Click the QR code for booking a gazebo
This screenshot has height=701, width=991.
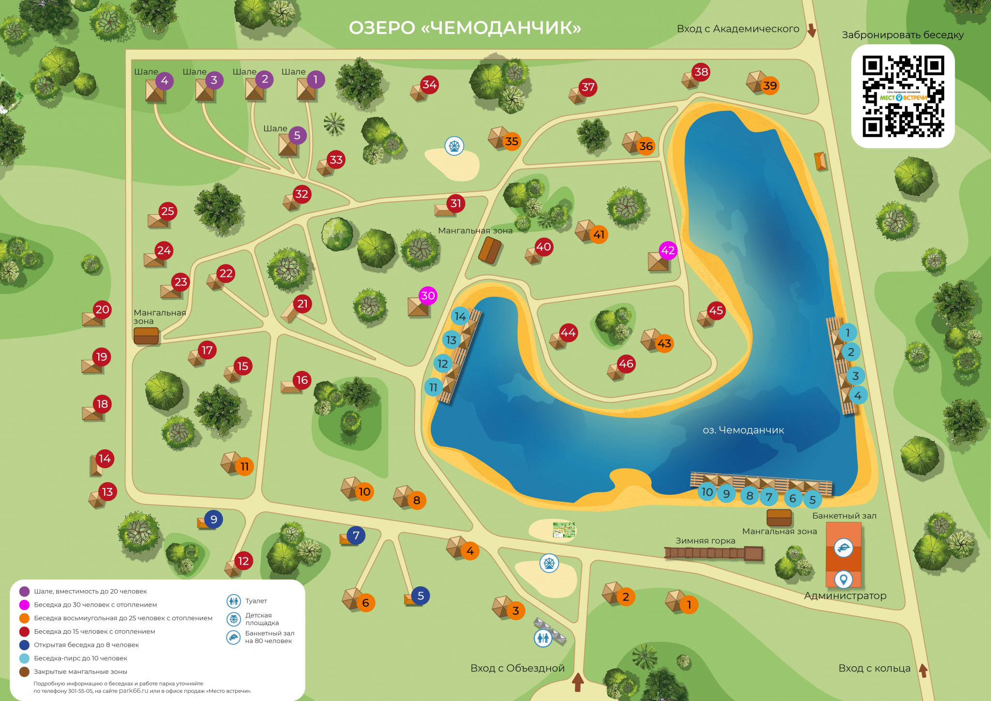[x=902, y=96]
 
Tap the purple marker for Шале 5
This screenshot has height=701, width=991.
[x=297, y=136]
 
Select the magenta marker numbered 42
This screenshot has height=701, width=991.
[x=668, y=250]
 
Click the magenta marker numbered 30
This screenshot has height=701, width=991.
[x=428, y=295]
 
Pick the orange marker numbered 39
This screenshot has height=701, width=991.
[x=769, y=86]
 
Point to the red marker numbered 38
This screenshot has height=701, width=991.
[x=701, y=72]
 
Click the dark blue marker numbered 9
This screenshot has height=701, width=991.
[x=213, y=519]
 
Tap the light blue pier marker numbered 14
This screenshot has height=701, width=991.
[x=460, y=316]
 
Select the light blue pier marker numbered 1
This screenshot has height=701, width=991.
[x=847, y=333]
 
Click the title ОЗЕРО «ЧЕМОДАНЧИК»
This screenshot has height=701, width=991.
[x=465, y=28]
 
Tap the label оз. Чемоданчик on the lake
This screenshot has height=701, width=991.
[x=743, y=430]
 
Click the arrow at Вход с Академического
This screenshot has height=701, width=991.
[x=811, y=30]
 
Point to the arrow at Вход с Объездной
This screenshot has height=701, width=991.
[x=578, y=682]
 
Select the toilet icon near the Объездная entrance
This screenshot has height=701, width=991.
[x=543, y=638]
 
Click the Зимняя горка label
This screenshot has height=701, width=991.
[x=705, y=541]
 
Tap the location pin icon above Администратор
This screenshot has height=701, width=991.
[x=843, y=579]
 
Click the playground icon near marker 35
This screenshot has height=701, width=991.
[x=454, y=145]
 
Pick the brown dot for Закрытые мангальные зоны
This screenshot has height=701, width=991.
[x=24, y=671]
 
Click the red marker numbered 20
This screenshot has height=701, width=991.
[x=102, y=309]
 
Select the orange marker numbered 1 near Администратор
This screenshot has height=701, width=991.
[x=689, y=604]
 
